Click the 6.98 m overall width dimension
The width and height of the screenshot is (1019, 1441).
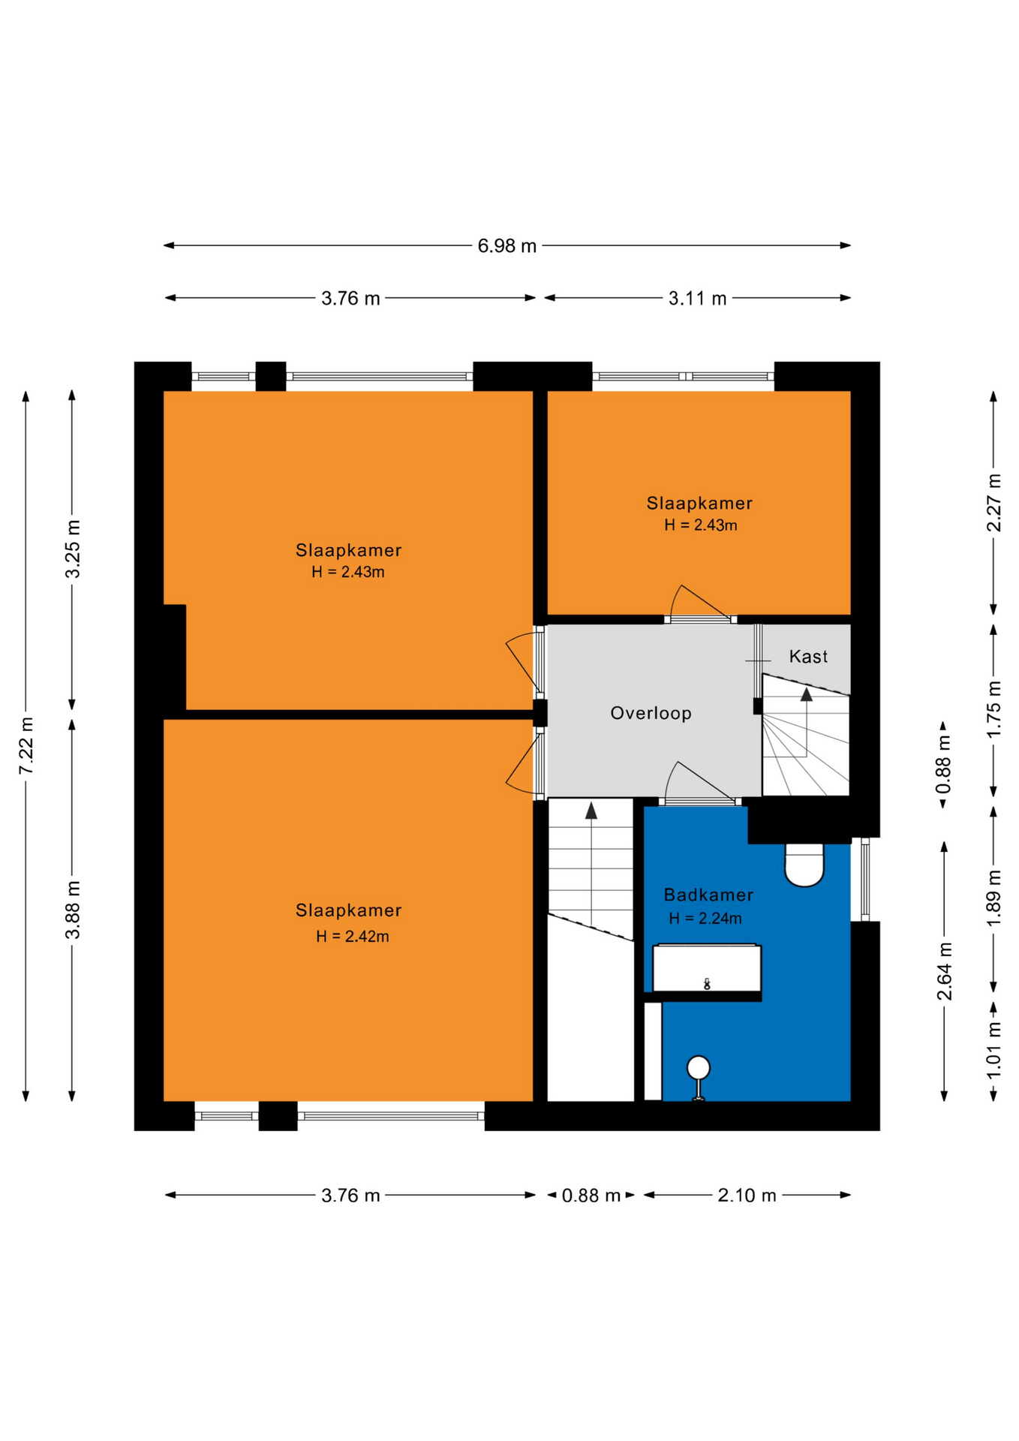coord(507,245)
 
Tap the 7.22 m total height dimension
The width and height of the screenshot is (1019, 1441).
coord(26,745)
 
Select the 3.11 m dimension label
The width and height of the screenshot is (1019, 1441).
coord(697,298)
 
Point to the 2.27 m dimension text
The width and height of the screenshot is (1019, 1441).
coord(993,503)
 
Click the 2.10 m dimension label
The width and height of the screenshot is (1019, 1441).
coord(747,1195)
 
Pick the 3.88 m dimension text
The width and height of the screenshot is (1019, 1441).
coord(73,910)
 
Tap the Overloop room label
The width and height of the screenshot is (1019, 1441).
coord(651,713)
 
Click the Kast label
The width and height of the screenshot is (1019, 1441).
coord(808,657)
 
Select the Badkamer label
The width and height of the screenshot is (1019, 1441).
coord(708,895)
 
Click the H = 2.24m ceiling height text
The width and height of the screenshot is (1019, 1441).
coord(705,918)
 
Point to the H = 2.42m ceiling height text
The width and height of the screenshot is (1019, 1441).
coord(353,936)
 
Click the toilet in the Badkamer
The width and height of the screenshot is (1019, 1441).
coord(804,865)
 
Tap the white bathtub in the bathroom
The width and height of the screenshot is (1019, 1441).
coord(707,968)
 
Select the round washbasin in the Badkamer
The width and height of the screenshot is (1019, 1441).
coord(699,1066)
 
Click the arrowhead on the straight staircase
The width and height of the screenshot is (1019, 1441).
coord(591,811)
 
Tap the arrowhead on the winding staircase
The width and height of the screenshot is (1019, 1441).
coord(807,694)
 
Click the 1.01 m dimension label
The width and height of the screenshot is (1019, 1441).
coord(993,1051)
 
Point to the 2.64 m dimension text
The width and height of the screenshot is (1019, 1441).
coord(944,971)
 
